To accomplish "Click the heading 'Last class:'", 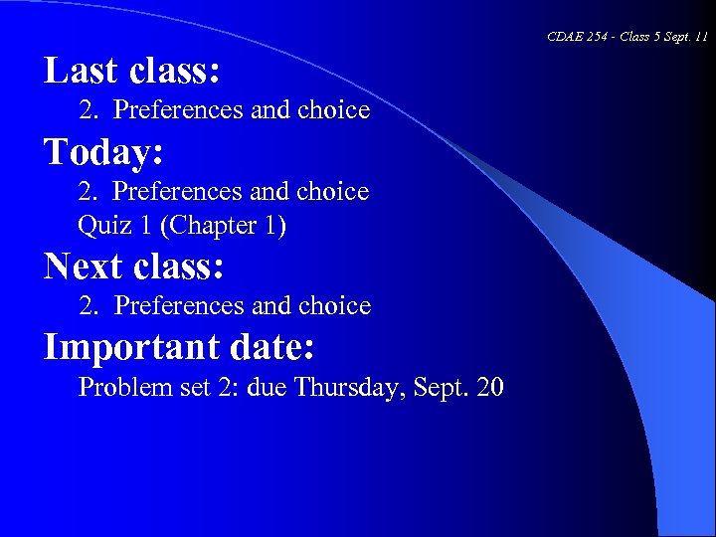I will click(132, 71).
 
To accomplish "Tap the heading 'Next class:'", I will click(134, 267).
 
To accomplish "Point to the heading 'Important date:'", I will click(180, 347).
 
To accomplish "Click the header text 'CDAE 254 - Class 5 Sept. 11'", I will click(627, 37).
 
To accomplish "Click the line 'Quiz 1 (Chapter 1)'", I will click(182, 226).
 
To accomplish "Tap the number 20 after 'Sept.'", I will click(490, 386).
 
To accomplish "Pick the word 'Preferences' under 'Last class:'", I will click(180, 109).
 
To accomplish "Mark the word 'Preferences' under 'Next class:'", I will click(181, 305).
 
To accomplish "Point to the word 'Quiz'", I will click(99, 226).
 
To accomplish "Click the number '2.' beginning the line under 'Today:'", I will click(89, 190).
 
